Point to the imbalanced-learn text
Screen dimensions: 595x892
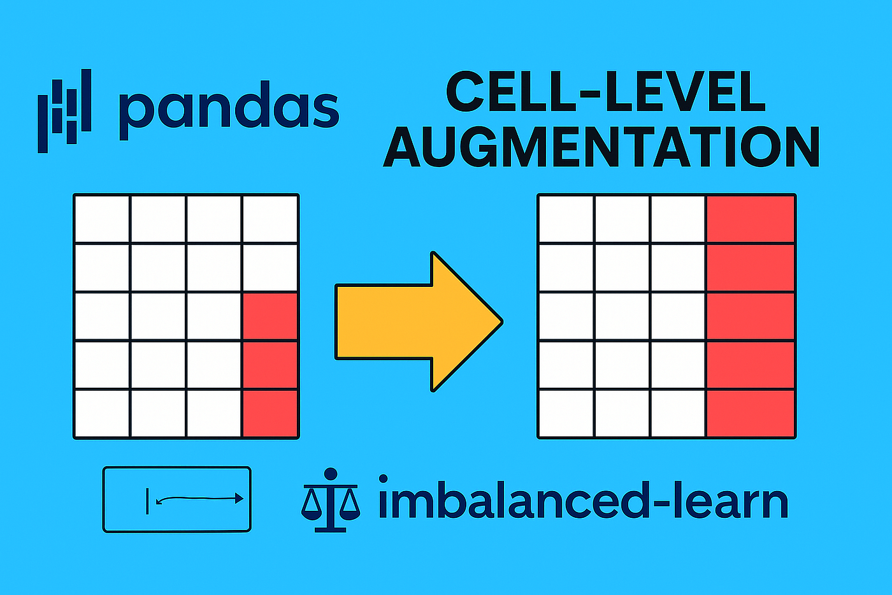(x=582, y=502)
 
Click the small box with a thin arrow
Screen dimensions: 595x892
(x=177, y=499)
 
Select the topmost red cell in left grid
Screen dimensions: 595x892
(x=270, y=316)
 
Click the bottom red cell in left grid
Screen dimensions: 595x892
(x=270, y=413)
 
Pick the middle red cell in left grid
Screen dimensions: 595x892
(x=270, y=365)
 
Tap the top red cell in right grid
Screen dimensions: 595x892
(x=751, y=219)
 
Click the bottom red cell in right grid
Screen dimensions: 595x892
(x=751, y=413)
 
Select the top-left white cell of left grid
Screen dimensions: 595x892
(x=102, y=219)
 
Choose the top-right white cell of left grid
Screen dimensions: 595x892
(x=270, y=219)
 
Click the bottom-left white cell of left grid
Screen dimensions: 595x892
(x=102, y=413)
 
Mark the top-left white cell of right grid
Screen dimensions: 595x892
(x=566, y=219)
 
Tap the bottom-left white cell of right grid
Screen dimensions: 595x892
(x=566, y=413)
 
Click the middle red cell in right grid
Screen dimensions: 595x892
(x=751, y=316)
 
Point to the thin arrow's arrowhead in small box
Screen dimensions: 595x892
(x=239, y=499)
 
